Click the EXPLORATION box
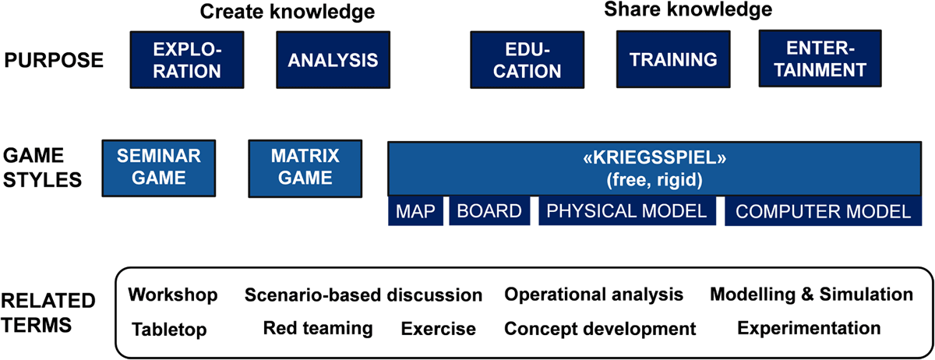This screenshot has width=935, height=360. [187, 60]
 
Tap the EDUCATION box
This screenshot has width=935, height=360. [527, 60]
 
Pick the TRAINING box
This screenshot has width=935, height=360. [673, 60]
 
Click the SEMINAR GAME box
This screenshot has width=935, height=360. [158, 167]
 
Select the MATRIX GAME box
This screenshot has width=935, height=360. [305, 167]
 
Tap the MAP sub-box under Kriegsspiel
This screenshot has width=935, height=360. [416, 211]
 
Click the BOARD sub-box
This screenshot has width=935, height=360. [489, 211]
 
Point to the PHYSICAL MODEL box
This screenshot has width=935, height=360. [626, 211]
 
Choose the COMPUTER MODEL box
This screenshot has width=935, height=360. [823, 211]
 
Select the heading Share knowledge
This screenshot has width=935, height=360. [688, 10]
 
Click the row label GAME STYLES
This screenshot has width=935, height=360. [44, 167]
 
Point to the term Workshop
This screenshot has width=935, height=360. [173, 295]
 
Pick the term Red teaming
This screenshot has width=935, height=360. [318, 328]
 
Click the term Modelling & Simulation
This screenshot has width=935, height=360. [811, 295]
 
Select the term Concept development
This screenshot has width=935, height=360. [600, 329]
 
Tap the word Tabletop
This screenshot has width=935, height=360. [169, 329]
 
